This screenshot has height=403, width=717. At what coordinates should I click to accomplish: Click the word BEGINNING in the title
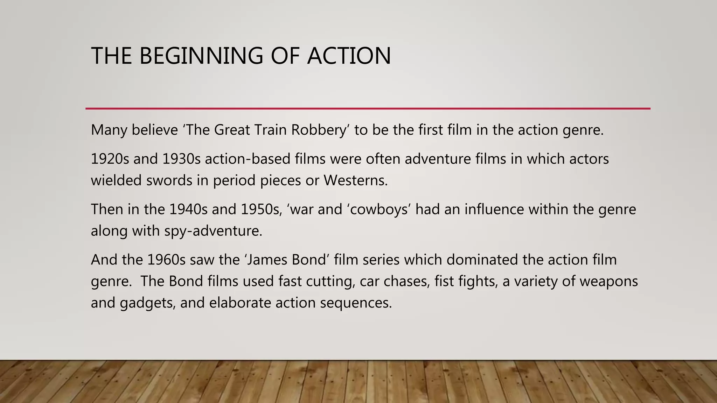coord(201,56)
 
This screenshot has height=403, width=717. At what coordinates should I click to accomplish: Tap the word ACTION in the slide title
coord(349,56)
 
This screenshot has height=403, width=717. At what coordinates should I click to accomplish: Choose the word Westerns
coord(355,181)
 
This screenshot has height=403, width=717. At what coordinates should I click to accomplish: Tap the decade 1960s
coord(166,260)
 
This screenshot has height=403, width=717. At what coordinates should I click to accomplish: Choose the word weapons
coord(608,282)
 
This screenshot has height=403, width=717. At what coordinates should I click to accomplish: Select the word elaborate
coord(240,303)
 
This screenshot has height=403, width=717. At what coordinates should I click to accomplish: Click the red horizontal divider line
coord(368,109)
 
